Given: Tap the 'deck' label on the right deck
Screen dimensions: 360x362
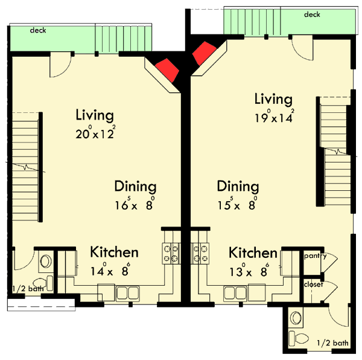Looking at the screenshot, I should pyautogui.click(x=312, y=14).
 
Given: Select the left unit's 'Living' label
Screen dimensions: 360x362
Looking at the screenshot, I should pyautogui.click(x=95, y=115).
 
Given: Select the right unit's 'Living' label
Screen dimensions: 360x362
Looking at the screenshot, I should pyautogui.click(x=273, y=98).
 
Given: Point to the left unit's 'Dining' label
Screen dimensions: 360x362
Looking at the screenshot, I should pyautogui.click(x=135, y=187).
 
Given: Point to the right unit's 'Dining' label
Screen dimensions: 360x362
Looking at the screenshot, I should pyautogui.click(x=238, y=187).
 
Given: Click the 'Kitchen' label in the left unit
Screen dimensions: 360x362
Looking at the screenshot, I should pyautogui.click(x=114, y=252).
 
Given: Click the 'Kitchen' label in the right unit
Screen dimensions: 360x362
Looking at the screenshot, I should pyautogui.click(x=253, y=252).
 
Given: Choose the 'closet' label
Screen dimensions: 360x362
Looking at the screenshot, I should pyautogui.click(x=313, y=284).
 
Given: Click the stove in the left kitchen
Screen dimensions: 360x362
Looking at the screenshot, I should pyautogui.click(x=171, y=252).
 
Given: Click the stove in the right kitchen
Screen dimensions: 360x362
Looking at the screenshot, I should pyautogui.click(x=200, y=252).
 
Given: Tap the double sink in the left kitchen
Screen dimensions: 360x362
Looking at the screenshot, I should pyautogui.click(x=128, y=294).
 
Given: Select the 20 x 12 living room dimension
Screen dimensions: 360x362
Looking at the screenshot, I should pyautogui.click(x=95, y=134).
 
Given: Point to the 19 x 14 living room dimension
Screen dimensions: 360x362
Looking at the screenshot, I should pyautogui.click(x=273, y=118).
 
